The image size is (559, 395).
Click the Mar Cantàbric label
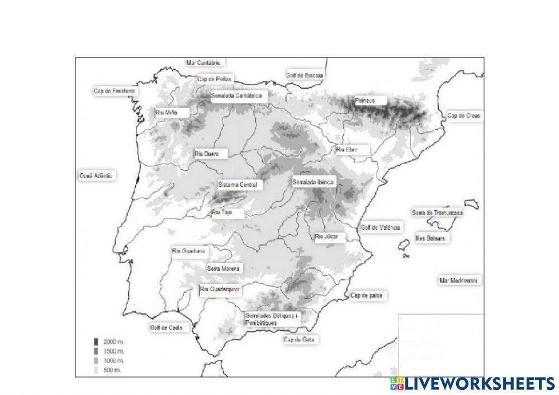204,63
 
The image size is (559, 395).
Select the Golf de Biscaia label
305,75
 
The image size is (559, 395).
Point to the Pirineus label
364,101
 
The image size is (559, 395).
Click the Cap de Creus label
463,116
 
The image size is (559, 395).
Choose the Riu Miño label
167,113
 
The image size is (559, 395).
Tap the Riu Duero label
207,154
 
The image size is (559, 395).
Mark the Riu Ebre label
347,150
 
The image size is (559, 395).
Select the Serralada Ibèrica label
314,182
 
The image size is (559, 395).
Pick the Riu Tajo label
221,213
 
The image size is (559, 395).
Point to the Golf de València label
381,227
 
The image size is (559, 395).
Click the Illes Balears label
430,239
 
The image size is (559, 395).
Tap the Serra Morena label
224,269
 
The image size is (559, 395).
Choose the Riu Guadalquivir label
220,289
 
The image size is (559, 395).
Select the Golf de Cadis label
167,328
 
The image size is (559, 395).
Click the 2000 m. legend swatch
96,341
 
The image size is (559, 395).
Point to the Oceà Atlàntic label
96,175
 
